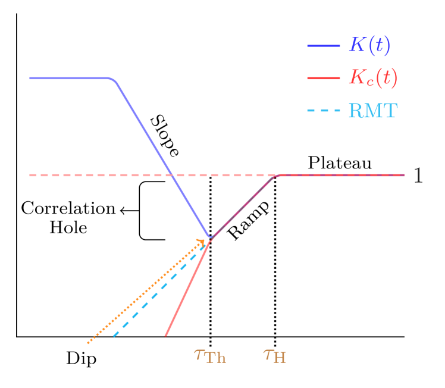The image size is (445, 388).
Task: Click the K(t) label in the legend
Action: tap(369, 46)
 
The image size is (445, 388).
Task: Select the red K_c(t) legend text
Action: tap(373, 77)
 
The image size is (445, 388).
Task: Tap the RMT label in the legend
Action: tap(372, 111)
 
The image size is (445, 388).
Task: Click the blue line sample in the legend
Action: tap(323, 46)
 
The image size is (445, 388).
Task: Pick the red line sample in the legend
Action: tap(323, 78)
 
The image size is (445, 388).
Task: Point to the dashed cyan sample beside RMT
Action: tap(323, 111)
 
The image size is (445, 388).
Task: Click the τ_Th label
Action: tap(210, 356)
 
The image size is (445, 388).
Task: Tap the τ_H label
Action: tap(275, 356)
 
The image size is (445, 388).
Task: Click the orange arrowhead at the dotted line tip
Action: tap(201, 242)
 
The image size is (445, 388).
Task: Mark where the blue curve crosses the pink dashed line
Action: tap(171, 175)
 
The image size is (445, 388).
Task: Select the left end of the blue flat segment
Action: tap(30, 78)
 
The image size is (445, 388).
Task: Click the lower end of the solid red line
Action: tap(165, 336)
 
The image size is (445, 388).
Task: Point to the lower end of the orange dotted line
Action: tap(88, 343)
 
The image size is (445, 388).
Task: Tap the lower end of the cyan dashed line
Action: tap(114, 337)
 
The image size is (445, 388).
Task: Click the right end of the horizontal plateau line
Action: tap(403, 175)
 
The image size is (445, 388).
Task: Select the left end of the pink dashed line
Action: tap(30, 175)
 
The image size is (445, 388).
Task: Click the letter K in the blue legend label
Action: tap(357, 45)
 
